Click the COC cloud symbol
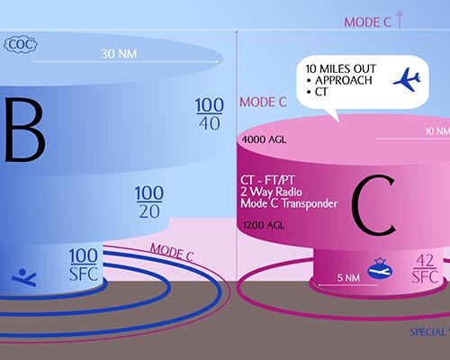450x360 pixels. click(21, 45)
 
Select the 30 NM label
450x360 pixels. click(119, 54)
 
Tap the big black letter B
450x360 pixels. click(25, 130)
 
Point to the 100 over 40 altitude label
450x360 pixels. click(210, 114)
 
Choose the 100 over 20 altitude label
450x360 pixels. click(149, 202)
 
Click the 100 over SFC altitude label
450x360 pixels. click(84, 265)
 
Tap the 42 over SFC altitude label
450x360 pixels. click(425, 268)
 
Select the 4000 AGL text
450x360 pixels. click(264, 139)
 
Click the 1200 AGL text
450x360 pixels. click(264, 225)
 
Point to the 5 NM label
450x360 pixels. click(348, 278)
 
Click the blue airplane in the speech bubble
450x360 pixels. click(407, 79)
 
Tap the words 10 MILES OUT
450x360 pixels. click(341, 68)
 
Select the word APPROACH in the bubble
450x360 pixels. click(344, 80)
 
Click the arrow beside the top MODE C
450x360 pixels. click(399, 19)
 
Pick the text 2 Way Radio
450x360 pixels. click(271, 192)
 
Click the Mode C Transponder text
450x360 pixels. click(289, 203)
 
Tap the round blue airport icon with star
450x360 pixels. click(380, 268)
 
